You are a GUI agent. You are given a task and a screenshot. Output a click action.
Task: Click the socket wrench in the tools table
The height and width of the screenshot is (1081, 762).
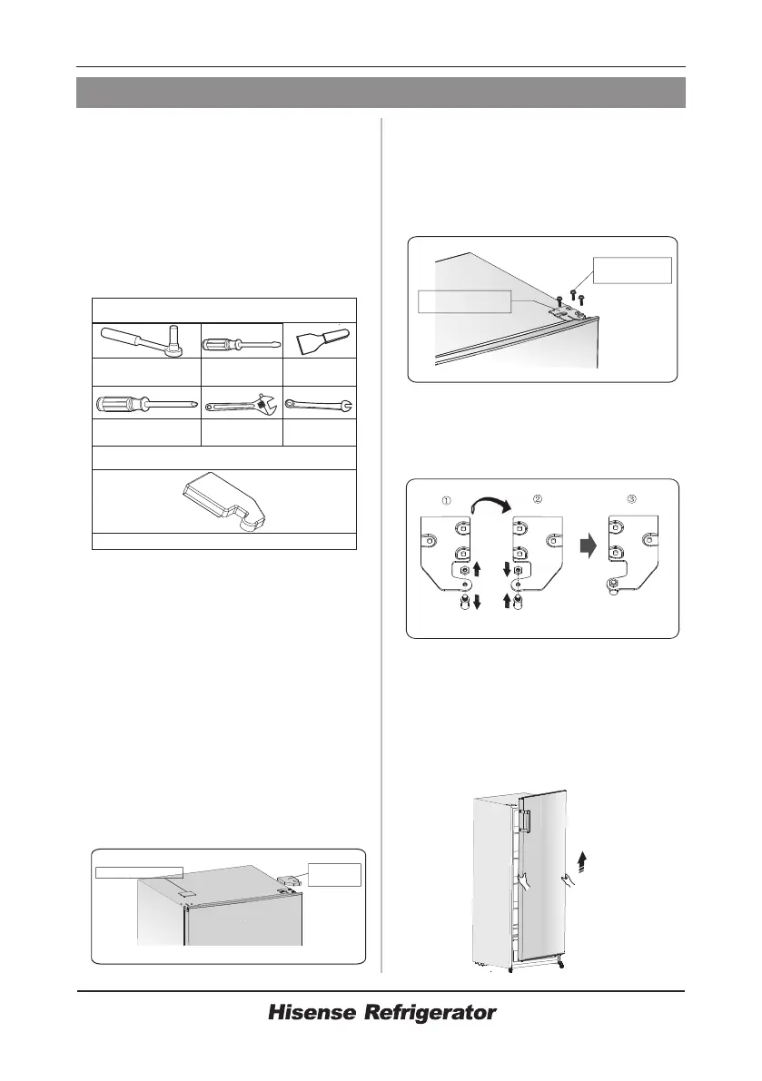pyautogui.click(x=144, y=341)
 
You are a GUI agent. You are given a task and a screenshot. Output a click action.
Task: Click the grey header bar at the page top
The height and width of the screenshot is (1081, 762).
pyautogui.click(x=381, y=93)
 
